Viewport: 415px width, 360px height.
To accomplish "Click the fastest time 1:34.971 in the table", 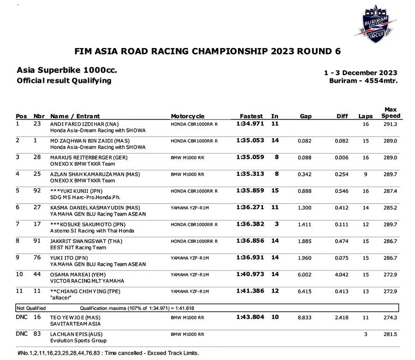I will pyautogui.click(x=250, y=124).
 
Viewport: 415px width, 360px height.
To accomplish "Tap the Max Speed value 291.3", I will pyautogui.click(x=390, y=124).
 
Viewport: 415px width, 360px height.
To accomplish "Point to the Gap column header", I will pyautogui.click(x=305, y=116).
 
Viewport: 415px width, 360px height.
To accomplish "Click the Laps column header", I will pyautogui.click(x=365, y=116).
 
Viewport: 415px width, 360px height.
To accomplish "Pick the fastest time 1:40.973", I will pyautogui.click(x=250, y=274).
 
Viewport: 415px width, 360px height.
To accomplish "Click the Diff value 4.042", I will pyautogui.click(x=341, y=275).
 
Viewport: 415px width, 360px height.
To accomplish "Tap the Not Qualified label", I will pyautogui.click(x=31, y=308).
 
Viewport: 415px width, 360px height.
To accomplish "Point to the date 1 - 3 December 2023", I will pyautogui.click(x=361, y=73).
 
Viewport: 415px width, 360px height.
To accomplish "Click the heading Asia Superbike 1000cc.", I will pyautogui.click(x=67, y=71).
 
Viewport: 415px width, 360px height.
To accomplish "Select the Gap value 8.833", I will pyautogui.click(x=305, y=318).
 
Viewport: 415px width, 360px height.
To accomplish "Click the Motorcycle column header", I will pyautogui.click(x=188, y=116).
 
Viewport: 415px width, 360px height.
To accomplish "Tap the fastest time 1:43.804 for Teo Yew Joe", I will pyautogui.click(x=250, y=317).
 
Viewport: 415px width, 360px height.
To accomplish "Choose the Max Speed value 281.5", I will pyautogui.click(x=390, y=334).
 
